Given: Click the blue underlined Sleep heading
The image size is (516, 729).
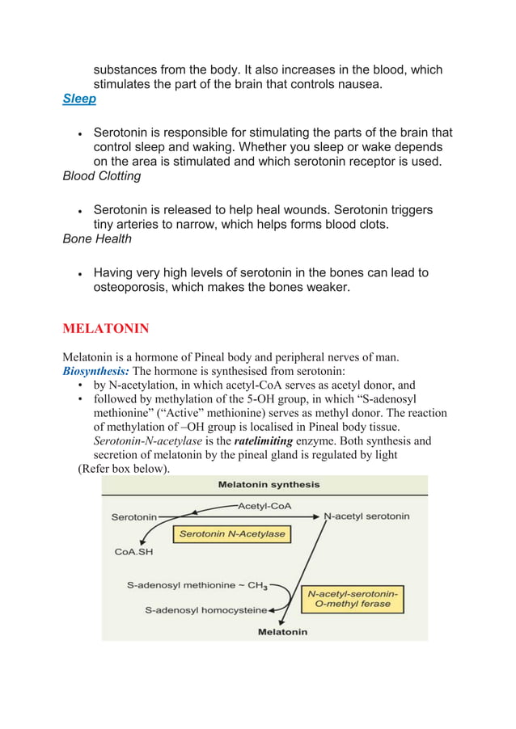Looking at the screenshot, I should point(79,99).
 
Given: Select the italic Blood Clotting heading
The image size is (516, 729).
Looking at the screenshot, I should point(102,176).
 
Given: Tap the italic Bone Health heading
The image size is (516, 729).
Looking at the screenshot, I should point(96,239).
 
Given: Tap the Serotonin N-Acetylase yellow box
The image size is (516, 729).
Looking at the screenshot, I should point(232,534).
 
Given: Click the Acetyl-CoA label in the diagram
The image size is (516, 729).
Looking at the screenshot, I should point(264,507).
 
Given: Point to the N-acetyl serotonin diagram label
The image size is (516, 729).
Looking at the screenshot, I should point(366,516).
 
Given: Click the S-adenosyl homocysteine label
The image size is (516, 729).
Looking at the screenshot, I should point(206,610).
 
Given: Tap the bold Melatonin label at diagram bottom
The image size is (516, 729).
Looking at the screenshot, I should point(282,632).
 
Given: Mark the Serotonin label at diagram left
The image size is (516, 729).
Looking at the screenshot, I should point(134,516).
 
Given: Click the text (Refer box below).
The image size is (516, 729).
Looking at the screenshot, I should point(123,470).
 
